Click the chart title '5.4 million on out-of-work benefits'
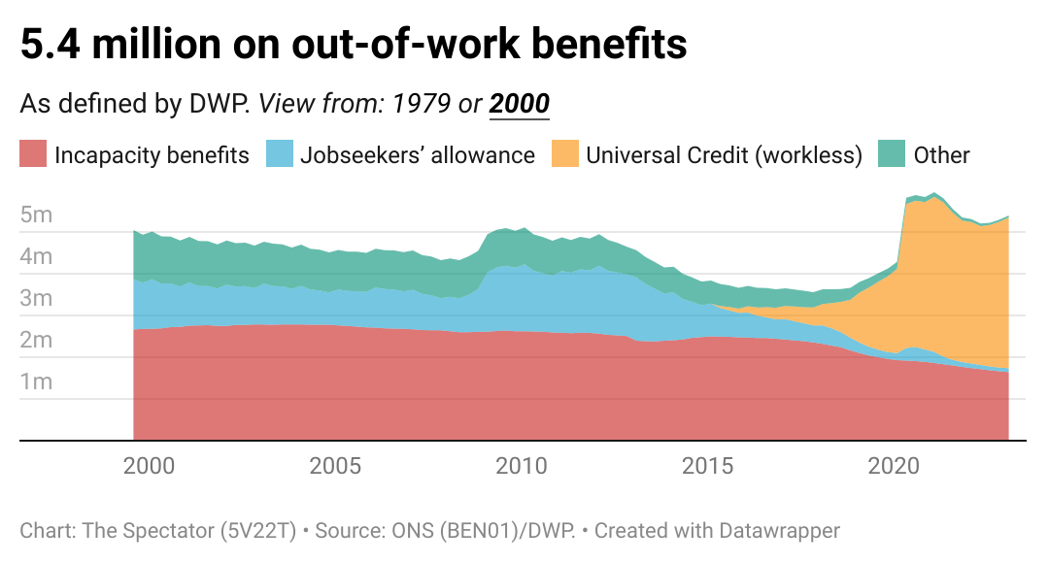354,45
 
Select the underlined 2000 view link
520,104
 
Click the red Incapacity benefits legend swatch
33,154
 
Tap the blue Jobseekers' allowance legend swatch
280,154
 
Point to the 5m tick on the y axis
36,215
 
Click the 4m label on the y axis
36,257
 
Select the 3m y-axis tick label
36,299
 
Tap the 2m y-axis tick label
36,341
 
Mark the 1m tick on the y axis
36,382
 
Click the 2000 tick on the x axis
149,466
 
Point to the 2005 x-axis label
335,466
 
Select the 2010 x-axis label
522,466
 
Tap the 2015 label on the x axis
708,466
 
